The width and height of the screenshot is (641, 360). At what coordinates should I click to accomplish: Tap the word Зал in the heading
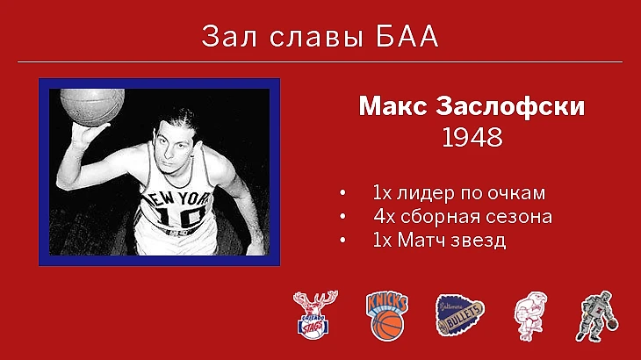pos(229,36)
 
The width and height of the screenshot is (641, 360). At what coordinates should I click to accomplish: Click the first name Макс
pos(393,106)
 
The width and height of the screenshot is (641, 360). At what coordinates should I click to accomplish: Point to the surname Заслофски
pos(510,106)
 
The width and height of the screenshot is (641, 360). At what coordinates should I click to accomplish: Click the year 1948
pos(472,137)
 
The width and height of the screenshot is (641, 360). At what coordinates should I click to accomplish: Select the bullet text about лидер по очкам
pos(459,193)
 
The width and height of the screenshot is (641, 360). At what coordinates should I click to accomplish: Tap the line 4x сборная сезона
pos(463,217)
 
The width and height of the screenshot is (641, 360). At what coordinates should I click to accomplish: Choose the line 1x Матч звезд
pos(439,240)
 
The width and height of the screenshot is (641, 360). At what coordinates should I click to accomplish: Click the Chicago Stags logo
pos(314,314)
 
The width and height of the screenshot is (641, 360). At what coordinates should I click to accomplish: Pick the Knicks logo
pos(386,316)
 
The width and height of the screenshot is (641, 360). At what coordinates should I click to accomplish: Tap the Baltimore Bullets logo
pos(459,315)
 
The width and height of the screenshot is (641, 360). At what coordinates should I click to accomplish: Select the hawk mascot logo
pos(530,316)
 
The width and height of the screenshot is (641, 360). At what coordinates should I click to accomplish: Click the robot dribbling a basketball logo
pos(597,316)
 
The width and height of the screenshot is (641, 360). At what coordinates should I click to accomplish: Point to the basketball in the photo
pos(92,107)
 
